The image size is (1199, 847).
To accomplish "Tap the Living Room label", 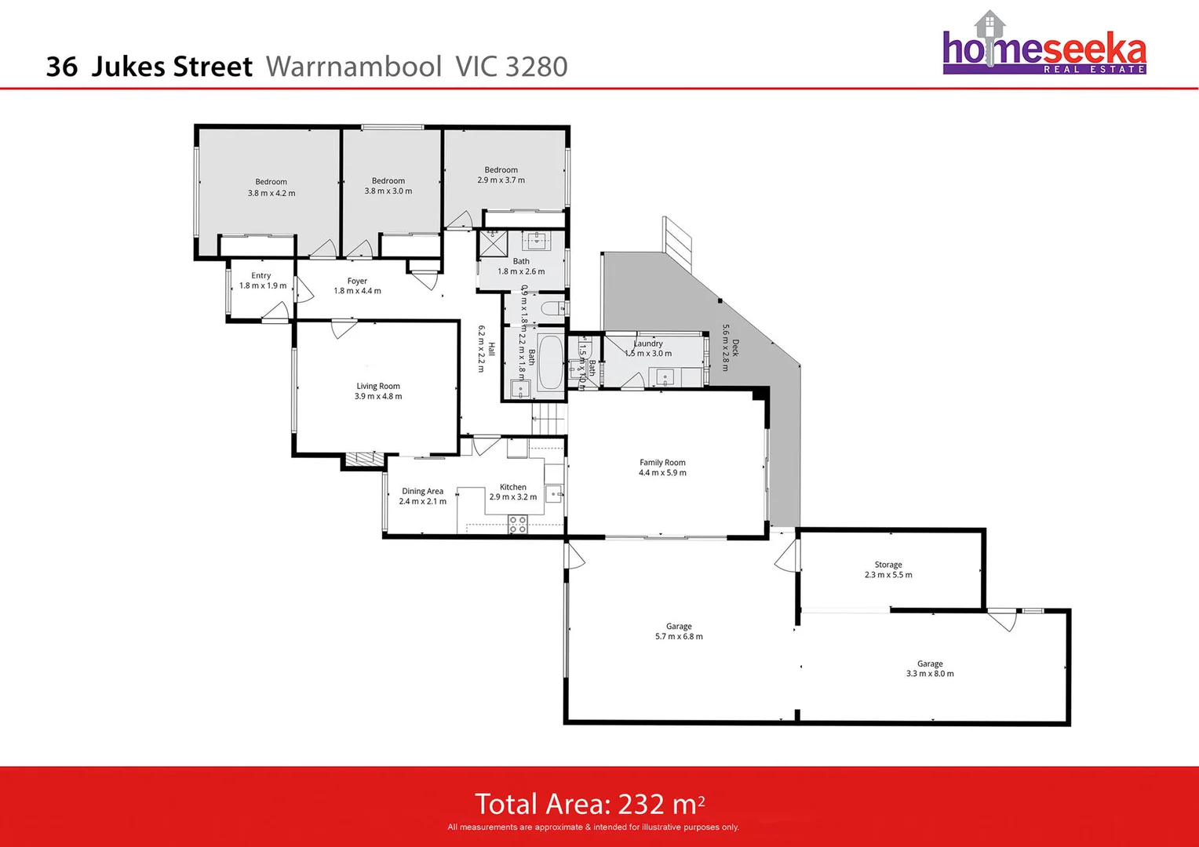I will [378, 386].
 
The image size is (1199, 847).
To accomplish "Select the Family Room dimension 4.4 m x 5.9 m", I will [662, 473].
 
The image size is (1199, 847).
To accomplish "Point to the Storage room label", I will [888, 565].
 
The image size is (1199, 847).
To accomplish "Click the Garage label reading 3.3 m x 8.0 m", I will [930, 669].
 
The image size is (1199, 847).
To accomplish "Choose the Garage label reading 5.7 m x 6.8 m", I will [679, 631].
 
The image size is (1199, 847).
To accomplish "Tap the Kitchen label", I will [513, 487].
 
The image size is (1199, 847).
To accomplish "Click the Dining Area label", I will [422, 491].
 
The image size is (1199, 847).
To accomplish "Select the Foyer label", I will [357, 281].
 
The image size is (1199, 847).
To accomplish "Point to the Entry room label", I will [261, 275].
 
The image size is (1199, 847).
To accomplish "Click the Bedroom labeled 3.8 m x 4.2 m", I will [272, 187].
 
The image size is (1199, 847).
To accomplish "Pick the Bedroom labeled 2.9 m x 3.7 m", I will [501, 175].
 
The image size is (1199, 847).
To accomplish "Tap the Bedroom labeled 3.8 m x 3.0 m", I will [388, 186].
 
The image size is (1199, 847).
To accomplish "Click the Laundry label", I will [649, 344].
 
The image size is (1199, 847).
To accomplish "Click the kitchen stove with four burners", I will [517, 524].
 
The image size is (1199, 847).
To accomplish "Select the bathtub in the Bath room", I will [551, 363].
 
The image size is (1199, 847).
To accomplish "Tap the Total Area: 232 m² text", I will [589, 804].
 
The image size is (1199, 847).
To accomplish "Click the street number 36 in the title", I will [62, 67].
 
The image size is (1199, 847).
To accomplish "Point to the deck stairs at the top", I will [678, 239].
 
